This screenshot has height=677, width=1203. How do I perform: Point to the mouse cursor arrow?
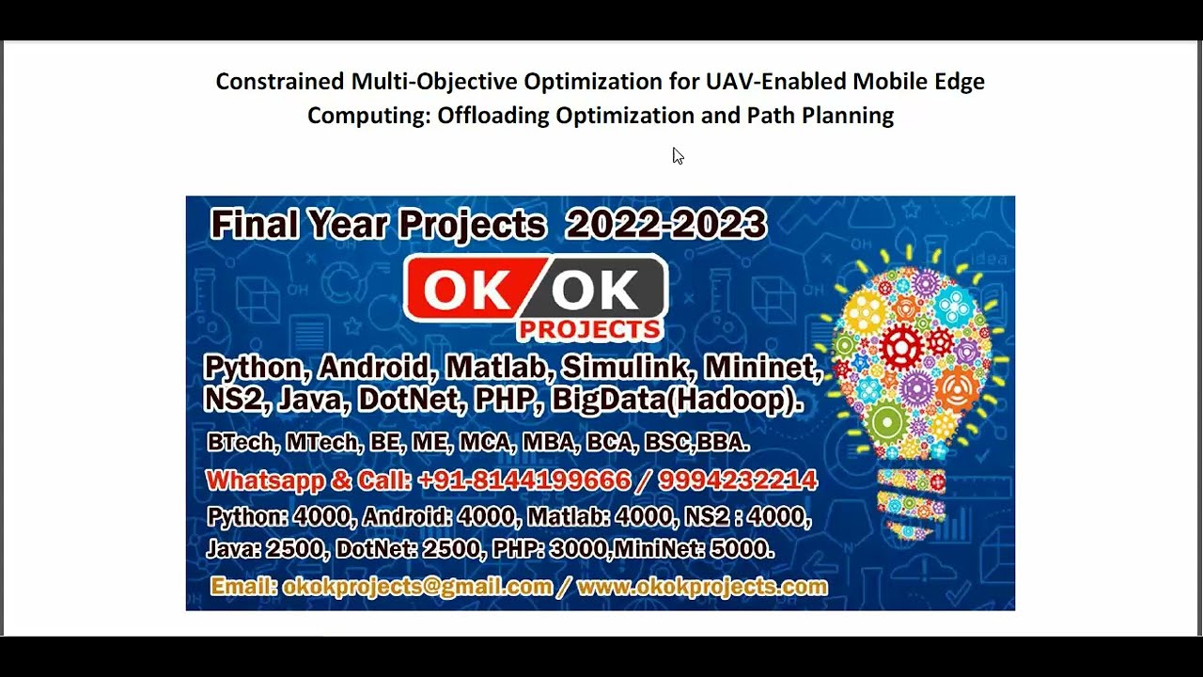coord(677,155)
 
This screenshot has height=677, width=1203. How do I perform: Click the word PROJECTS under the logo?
coord(589,329)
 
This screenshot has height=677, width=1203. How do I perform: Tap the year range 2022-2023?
coord(666,225)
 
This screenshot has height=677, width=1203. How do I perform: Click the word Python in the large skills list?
coord(257,367)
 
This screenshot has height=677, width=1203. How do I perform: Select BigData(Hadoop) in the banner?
coord(677,401)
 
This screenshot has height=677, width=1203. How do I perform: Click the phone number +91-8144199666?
coord(524,480)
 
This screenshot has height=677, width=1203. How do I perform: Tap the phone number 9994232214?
coord(738,480)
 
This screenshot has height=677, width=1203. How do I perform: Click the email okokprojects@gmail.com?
coord(417,588)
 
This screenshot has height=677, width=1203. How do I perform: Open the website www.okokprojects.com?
coord(702,588)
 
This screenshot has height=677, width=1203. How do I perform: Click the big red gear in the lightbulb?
coord(900,349)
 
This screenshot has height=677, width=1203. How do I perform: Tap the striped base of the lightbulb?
coord(909,503)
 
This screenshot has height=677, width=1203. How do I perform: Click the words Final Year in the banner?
coord(298,225)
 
